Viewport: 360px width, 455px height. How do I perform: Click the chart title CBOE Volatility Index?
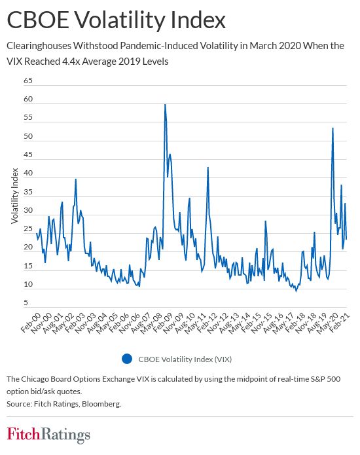coord(116,20)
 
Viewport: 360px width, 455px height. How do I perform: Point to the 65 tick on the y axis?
coord(27,81)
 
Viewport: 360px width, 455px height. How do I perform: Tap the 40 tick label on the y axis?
coord(27,173)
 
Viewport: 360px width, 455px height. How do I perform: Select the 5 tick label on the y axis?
coord(26,303)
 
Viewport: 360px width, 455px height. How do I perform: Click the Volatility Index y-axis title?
coord(14,195)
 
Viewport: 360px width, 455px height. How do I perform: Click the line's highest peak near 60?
coord(165,105)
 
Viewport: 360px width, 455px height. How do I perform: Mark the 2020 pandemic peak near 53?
coord(333,128)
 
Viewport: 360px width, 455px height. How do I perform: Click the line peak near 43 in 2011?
coord(208,168)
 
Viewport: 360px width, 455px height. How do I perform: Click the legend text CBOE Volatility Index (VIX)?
coord(185,359)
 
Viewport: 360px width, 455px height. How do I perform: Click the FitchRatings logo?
coord(48,434)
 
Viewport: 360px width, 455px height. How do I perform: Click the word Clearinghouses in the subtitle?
coord(41,46)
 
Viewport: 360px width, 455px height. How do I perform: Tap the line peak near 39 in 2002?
coord(76,179)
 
